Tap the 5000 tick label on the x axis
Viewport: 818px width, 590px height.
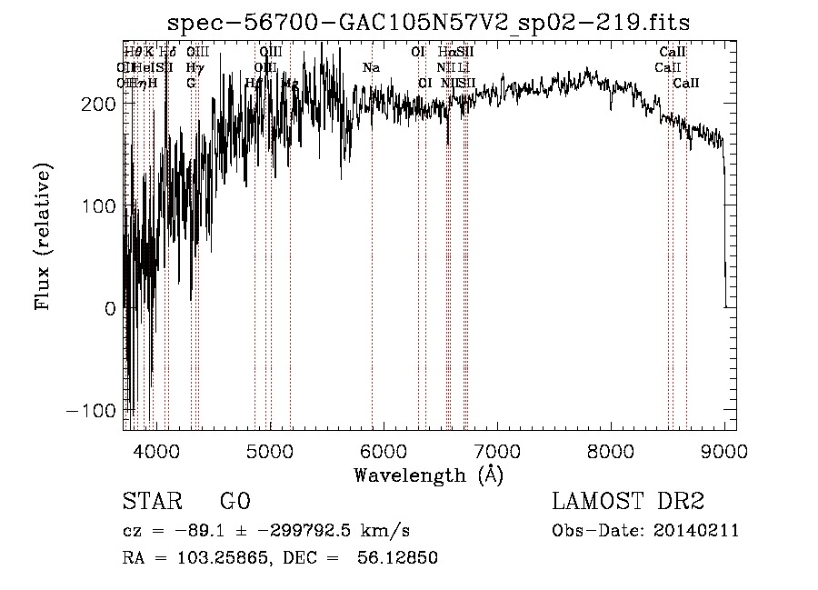click(270, 449)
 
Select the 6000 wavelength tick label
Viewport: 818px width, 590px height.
click(384, 449)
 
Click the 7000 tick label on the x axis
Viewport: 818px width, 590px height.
click(497, 449)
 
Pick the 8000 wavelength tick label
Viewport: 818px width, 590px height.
click(611, 449)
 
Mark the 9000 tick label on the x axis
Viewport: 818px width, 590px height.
click(724, 449)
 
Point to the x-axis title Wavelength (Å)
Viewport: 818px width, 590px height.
click(429, 475)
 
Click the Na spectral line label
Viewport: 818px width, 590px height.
click(371, 68)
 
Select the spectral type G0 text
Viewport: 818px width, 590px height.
click(234, 502)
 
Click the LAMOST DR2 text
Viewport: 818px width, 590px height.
click(628, 502)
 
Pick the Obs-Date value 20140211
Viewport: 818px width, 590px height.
click(699, 531)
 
